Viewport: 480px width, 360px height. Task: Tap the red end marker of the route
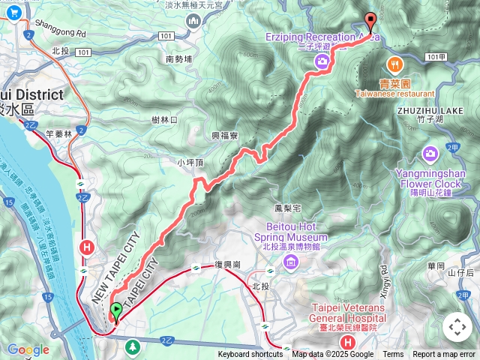[369, 22]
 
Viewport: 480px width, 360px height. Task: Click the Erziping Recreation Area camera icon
[322, 62]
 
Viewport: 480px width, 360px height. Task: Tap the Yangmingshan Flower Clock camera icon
[430, 154]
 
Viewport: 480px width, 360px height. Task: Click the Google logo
[28, 349]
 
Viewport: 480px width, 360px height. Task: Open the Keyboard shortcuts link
[250, 355]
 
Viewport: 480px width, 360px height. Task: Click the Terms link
[393, 355]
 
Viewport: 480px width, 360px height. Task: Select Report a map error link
[445, 355]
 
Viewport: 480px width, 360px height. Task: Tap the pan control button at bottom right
[457, 327]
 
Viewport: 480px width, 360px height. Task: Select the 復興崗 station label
[226, 265]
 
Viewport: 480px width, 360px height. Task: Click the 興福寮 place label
[224, 136]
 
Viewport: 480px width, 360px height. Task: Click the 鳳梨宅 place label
[287, 206]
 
